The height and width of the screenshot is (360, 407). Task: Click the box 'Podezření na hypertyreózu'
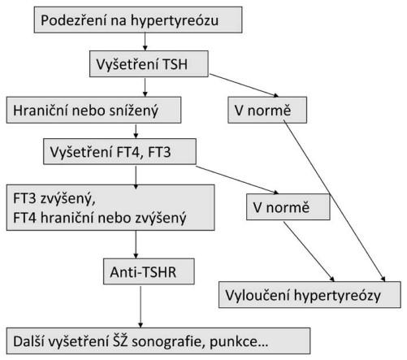(138, 20)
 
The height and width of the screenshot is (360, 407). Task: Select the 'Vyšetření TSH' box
(149, 64)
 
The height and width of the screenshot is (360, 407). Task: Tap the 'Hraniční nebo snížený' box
(93, 111)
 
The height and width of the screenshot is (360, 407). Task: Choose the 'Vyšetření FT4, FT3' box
(119, 151)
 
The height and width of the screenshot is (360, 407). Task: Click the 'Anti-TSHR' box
(149, 271)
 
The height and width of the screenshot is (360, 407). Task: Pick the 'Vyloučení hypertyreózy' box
(310, 295)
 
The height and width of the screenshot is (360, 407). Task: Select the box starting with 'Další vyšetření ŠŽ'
(158, 341)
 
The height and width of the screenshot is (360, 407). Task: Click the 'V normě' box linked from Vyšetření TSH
(267, 111)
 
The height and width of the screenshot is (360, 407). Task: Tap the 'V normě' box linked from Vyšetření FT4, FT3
(288, 207)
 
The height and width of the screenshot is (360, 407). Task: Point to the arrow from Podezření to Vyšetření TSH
(145, 41)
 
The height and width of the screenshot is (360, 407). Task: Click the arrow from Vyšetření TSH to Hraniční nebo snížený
(145, 87)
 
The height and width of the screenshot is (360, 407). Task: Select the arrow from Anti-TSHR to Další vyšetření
(141, 306)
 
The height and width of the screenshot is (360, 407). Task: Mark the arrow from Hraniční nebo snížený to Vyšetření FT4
(136, 131)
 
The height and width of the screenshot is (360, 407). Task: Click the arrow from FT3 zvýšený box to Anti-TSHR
(136, 245)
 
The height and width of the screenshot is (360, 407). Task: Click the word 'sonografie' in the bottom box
(167, 342)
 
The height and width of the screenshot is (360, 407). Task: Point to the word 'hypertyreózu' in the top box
(175, 21)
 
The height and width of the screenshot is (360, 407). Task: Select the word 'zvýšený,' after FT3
(67, 199)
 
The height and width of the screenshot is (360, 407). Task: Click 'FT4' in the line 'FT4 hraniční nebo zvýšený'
(24, 218)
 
